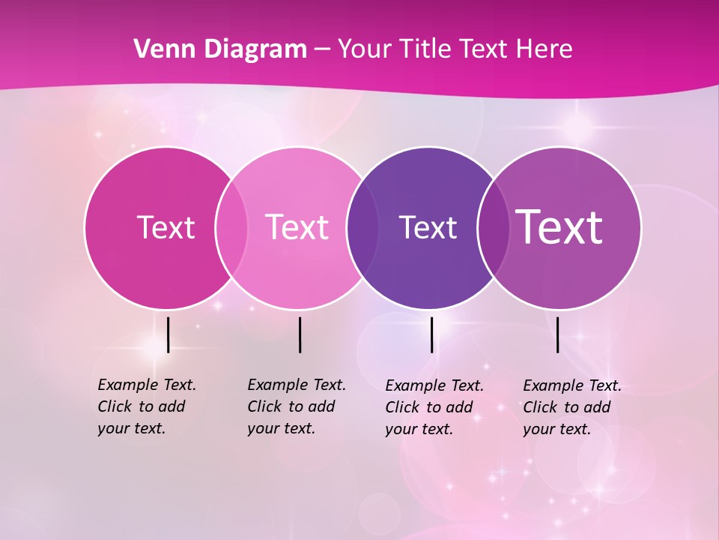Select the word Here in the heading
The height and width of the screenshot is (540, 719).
click(x=544, y=49)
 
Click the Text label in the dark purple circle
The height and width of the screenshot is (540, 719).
click(x=428, y=227)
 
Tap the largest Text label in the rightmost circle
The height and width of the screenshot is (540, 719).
click(x=559, y=226)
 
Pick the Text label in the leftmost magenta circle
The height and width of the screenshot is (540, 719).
click(x=166, y=227)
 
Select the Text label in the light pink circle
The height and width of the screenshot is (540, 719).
click(x=297, y=227)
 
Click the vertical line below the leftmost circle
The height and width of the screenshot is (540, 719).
click(x=168, y=334)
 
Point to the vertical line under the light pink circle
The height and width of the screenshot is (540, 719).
click(x=300, y=334)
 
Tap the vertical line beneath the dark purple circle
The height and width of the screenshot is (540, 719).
click(x=432, y=334)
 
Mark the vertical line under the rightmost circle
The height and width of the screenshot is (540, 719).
click(x=558, y=334)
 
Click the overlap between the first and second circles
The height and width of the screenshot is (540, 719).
click(x=231, y=227)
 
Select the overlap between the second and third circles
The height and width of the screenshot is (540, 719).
click(x=360, y=227)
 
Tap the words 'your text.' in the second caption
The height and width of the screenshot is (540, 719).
click(x=281, y=428)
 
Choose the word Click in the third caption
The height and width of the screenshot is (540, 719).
click(x=402, y=407)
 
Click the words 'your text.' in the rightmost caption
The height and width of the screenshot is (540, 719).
click(x=556, y=429)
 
